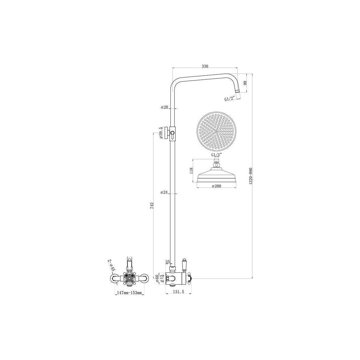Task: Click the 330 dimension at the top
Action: coord(205,66)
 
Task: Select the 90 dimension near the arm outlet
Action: coord(245,83)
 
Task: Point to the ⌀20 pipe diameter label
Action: coord(164,107)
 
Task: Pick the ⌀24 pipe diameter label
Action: coord(164,192)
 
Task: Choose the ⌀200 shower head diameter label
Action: coord(216,186)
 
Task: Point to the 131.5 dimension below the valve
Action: coord(178,291)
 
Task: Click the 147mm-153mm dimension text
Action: coord(129,293)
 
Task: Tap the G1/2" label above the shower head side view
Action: coord(216,155)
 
